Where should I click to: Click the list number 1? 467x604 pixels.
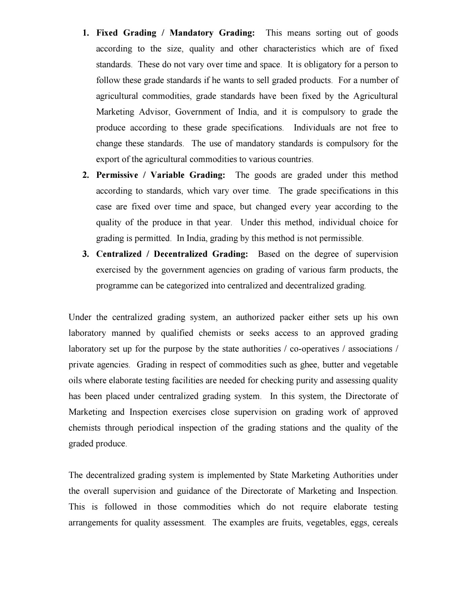[85, 33]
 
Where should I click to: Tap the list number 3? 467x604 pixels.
[85, 254]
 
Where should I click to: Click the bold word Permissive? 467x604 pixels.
[117, 175]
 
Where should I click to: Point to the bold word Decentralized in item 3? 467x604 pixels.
[180, 254]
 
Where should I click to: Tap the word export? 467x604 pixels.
[105, 160]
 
